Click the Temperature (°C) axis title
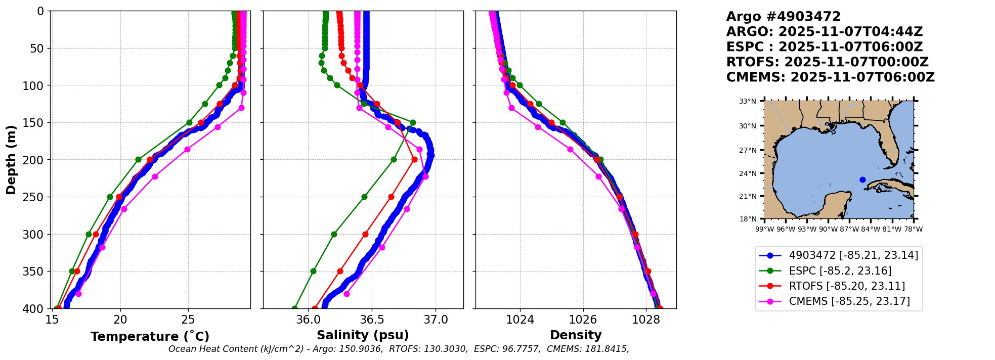point(150,337)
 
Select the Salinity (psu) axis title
point(363,335)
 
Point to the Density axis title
point(576,335)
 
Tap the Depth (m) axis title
point(11,160)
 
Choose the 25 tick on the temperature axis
point(188,320)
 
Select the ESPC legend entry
point(840,271)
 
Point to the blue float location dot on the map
point(862,179)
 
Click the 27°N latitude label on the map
point(748,150)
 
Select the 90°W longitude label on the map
point(828,229)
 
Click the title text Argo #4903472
point(783,17)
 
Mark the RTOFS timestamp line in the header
point(827,62)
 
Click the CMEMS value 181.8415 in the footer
point(607,349)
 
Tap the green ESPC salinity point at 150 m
point(413,122)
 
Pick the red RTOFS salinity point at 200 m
point(414,160)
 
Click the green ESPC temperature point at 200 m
point(138,160)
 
